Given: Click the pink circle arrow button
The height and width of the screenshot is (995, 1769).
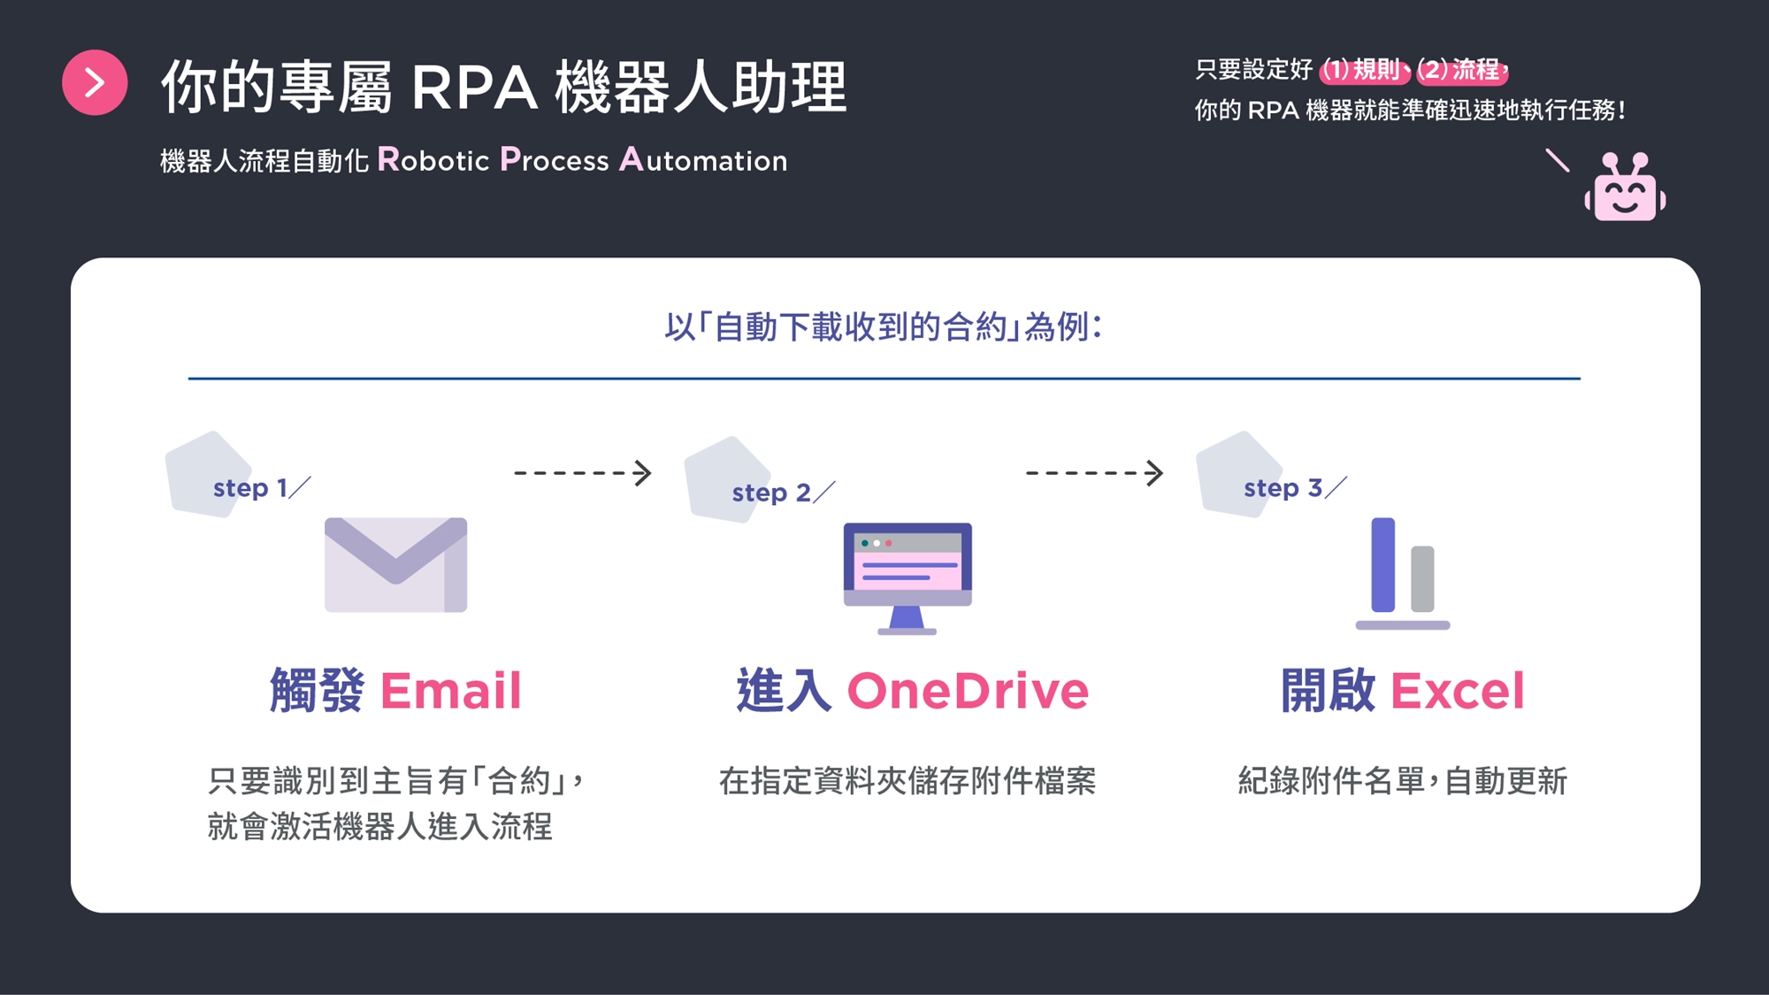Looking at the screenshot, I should click(x=95, y=82).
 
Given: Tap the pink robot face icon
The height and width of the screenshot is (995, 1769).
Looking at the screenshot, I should click(x=1625, y=189).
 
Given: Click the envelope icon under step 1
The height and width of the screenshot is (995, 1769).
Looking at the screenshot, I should click(x=395, y=564).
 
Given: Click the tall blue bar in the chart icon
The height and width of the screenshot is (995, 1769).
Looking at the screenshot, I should click(x=1382, y=564).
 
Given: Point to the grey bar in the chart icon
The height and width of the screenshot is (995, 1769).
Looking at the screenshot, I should click(x=1422, y=578).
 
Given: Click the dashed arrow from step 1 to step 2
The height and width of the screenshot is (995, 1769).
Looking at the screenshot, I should click(x=583, y=473).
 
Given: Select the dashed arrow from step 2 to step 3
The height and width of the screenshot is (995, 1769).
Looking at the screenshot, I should click(x=1094, y=473).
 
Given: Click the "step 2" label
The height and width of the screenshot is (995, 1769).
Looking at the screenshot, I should click(x=771, y=493).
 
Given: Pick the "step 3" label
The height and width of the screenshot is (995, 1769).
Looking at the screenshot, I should click(x=1283, y=488).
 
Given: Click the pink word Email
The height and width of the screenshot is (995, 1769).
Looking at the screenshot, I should click(x=451, y=691).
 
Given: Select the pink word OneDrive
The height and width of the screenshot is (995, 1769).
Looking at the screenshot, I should click(x=968, y=691).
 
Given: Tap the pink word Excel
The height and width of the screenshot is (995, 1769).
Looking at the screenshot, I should click(x=1458, y=691).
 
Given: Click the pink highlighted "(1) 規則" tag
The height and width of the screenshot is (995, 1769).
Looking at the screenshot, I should click(x=1362, y=70).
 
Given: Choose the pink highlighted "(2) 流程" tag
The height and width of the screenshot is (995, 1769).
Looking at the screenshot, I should click(x=1460, y=70).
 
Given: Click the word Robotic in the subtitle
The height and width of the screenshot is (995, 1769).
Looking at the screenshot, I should click(x=433, y=160).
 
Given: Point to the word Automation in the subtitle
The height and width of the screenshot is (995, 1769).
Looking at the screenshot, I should click(x=703, y=160).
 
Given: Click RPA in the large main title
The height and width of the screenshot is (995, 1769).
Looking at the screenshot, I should click(x=474, y=88).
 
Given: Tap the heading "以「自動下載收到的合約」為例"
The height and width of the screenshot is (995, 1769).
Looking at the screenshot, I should click(x=883, y=327).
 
